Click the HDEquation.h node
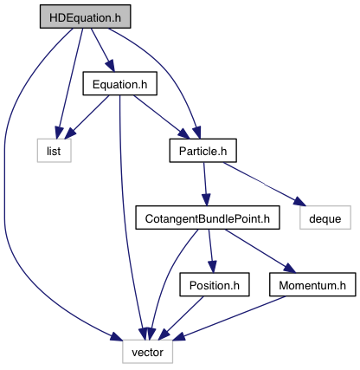(85, 16)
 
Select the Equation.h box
(120, 83)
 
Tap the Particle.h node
(203, 151)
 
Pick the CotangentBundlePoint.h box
(208, 217)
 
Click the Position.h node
(215, 284)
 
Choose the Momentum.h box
(312, 284)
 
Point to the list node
(54, 151)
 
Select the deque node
(325, 217)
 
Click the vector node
(148, 352)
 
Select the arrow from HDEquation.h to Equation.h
(103, 49)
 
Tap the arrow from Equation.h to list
(87, 117)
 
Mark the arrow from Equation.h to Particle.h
(162, 117)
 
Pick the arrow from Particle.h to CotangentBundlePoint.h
(205, 184)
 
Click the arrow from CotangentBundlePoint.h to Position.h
(211, 250)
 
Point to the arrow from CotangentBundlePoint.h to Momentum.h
(260, 250)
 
